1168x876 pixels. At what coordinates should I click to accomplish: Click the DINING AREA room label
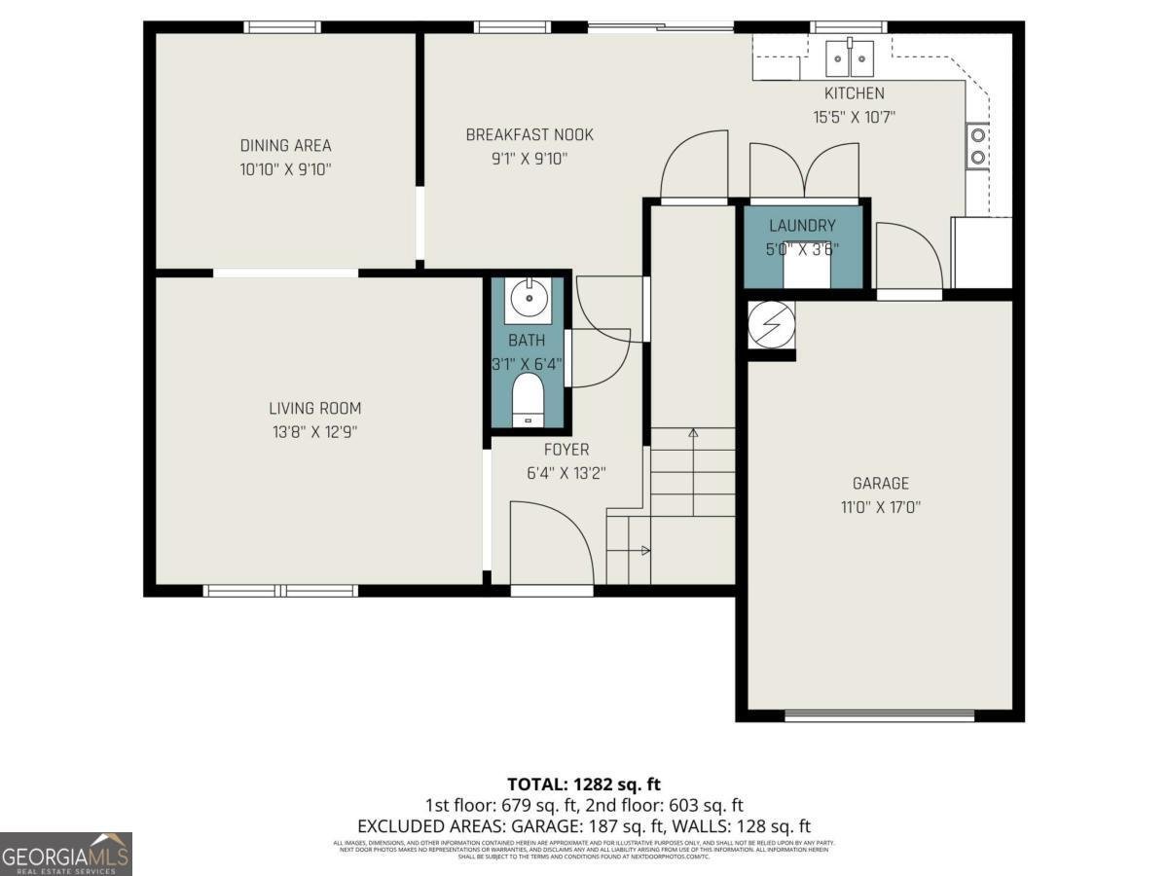tap(285, 146)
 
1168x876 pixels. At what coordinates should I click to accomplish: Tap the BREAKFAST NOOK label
tap(529, 135)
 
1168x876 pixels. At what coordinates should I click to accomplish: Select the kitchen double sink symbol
tap(850, 58)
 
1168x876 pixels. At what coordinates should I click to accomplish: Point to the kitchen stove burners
tap(976, 146)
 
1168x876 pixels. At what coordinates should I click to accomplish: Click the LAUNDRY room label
tap(802, 226)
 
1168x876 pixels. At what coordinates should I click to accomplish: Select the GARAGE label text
tap(880, 484)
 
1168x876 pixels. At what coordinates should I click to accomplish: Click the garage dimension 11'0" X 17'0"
tap(880, 507)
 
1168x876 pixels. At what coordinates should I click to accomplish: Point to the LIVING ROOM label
tap(314, 409)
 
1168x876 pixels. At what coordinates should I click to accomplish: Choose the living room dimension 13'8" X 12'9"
tap(314, 432)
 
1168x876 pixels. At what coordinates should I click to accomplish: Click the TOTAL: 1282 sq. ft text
tap(584, 784)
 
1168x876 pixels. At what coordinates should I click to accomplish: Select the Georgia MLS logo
tap(66, 854)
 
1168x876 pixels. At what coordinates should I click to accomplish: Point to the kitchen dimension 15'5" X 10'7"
tap(854, 117)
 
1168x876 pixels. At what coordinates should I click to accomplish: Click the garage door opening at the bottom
tap(879, 716)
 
